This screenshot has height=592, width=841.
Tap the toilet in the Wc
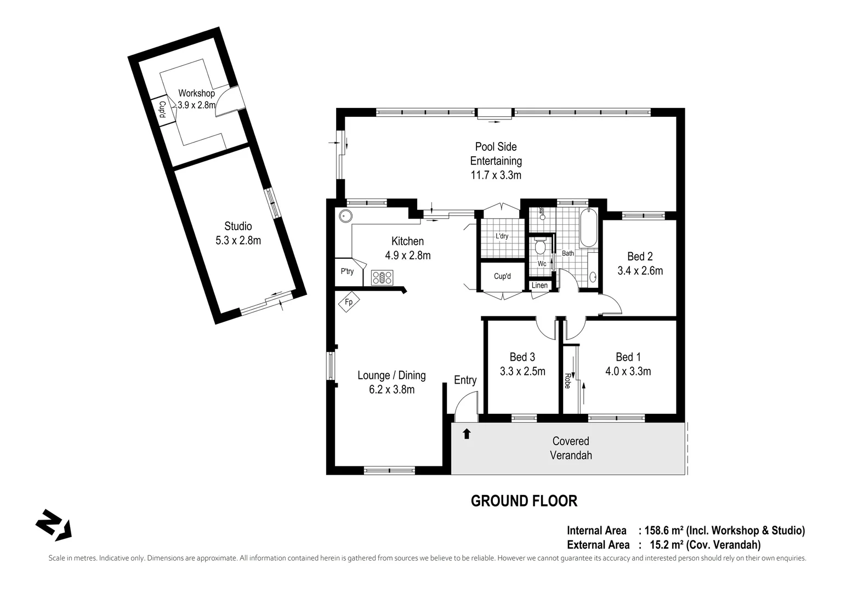540,246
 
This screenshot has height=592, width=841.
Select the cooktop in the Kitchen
382,277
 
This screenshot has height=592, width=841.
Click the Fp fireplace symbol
349,302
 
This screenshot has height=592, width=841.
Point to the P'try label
347,271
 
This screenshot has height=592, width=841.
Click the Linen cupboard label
539,286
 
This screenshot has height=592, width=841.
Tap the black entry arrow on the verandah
467,434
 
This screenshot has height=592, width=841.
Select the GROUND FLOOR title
524,501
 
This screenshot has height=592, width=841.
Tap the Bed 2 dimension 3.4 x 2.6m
640,271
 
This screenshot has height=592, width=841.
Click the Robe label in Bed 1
567,381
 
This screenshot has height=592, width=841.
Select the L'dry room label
502,236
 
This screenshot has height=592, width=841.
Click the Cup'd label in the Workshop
162,111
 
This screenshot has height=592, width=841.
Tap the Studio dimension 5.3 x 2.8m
238,240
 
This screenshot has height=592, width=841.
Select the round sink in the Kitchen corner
345,215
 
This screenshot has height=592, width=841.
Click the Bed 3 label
522,357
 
